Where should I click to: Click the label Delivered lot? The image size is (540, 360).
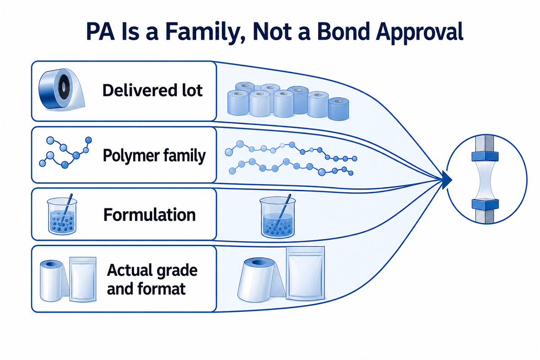(x=153, y=90)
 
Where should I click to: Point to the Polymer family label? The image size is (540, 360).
(x=154, y=156)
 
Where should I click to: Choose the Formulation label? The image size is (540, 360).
(x=149, y=215)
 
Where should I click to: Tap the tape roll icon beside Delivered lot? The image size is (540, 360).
(x=62, y=89)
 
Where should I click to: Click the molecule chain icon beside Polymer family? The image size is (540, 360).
(x=65, y=153)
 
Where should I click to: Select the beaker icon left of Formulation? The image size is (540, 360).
(x=62, y=215)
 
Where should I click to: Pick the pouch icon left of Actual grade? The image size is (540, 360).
(x=83, y=279)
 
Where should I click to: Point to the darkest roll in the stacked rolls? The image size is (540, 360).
(x=338, y=109)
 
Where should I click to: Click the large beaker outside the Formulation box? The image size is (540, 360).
(x=278, y=216)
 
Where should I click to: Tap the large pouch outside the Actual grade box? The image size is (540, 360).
(x=306, y=273)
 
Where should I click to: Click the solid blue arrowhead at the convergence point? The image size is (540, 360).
(x=447, y=180)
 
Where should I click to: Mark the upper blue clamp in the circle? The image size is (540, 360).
(x=485, y=156)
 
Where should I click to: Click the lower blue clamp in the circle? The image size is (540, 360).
(x=485, y=204)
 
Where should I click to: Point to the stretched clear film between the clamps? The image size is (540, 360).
(x=485, y=180)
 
